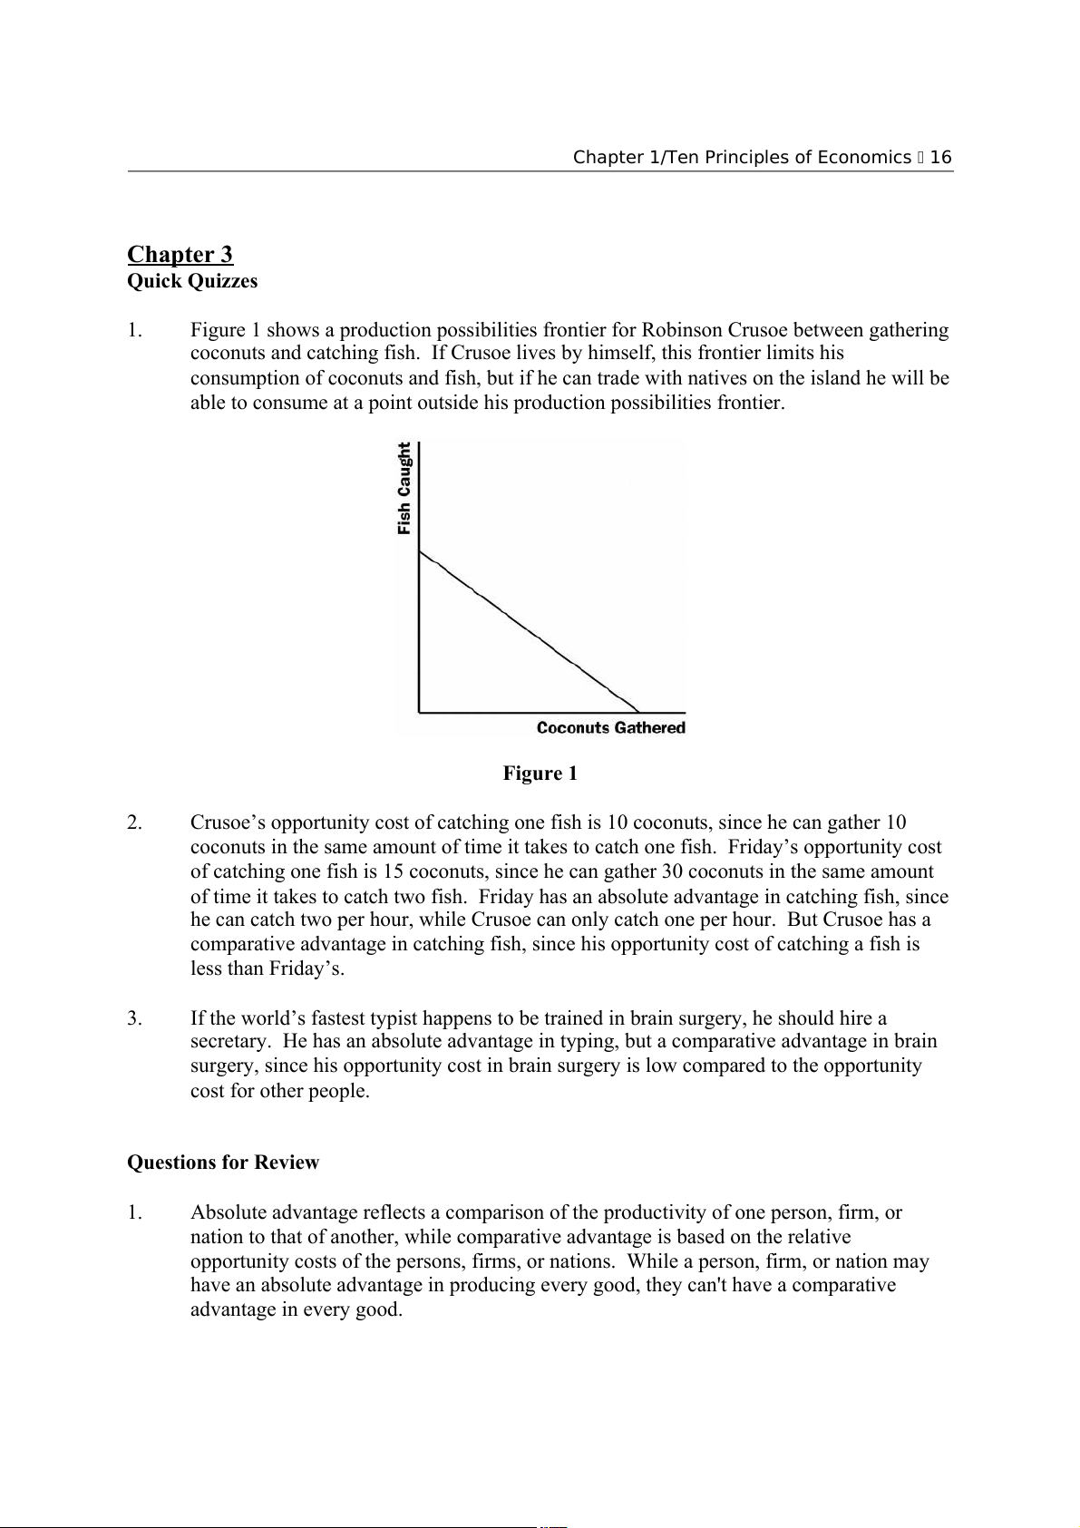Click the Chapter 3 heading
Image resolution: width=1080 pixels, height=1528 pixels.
180,254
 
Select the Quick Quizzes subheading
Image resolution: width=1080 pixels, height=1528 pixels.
192,281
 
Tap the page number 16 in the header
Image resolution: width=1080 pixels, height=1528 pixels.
941,158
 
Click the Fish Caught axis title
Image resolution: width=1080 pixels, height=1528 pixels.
404,488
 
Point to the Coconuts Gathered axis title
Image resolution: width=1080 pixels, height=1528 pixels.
610,727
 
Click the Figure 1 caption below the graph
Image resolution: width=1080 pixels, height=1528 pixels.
540,774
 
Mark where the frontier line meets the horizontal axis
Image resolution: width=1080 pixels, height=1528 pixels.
638,713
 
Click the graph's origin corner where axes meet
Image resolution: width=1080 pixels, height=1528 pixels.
419,713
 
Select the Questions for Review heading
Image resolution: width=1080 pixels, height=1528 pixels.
223,1163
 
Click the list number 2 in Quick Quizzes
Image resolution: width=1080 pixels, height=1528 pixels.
134,822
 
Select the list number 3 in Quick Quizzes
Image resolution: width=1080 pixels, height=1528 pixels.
134,1017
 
